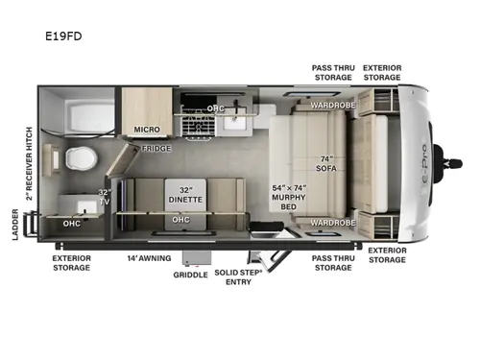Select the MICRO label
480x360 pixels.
pyautogui.click(x=146, y=128)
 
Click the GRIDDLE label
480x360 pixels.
pyautogui.click(x=191, y=275)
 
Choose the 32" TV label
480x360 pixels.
pyautogui.click(x=105, y=199)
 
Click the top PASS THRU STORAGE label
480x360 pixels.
pyautogui.click(x=333, y=73)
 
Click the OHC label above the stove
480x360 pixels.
pyautogui.click(x=216, y=108)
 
